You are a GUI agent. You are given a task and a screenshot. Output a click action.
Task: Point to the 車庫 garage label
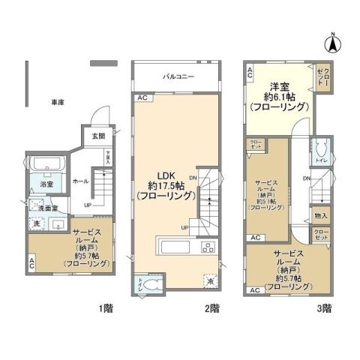click(57, 101)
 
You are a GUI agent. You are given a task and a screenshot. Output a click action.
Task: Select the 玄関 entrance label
click(98, 136)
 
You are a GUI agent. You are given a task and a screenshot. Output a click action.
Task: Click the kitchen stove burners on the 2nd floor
click(206, 248)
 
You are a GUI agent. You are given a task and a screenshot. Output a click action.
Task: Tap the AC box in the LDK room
click(141, 98)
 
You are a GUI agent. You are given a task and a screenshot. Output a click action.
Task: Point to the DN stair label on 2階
click(193, 178)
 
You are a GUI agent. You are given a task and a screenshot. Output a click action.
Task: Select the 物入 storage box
click(321, 215)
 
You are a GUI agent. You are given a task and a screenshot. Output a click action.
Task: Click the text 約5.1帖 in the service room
click(267, 201)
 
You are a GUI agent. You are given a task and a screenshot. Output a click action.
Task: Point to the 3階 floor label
click(324, 307)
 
